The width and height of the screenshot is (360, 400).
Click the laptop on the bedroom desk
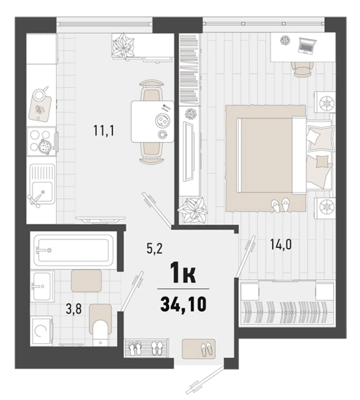pyautogui.click(x=307, y=46)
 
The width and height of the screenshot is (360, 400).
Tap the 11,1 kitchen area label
pyautogui.click(x=104, y=131)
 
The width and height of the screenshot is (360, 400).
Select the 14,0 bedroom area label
pyautogui.click(x=281, y=245)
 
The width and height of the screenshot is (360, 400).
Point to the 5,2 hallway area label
pyautogui.click(x=154, y=249)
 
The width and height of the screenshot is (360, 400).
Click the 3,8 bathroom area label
pyautogui.click(x=74, y=309)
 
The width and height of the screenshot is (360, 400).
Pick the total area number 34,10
pyautogui.click(x=183, y=304)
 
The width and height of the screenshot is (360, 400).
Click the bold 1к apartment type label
pyautogui.click(x=184, y=274)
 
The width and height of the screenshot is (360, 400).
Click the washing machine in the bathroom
pyautogui.click(x=41, y=331)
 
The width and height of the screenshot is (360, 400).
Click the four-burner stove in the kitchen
pyautogui.click(x=42, y=141)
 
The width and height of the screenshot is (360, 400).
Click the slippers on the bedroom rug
pyautogui.click(x=279, y=205)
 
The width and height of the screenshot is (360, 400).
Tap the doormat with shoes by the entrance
pyautogui.click(x=199, y=349)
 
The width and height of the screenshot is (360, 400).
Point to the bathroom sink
pyautogui.click(x=42, y=286)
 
